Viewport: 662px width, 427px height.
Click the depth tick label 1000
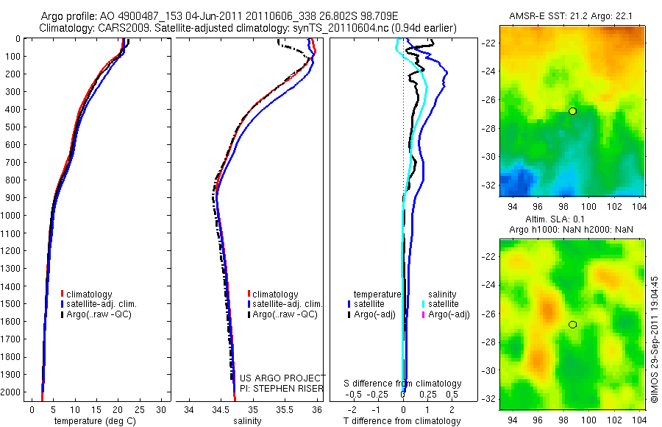click(x=11, y=216)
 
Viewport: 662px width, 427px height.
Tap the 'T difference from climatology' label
click(x=403, y=421)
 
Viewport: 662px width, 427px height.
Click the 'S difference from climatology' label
click(x=403, y=384)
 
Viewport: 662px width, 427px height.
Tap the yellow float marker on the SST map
click(x=572, y=110)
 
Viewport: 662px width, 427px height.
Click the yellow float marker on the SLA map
click(x=572, y=325)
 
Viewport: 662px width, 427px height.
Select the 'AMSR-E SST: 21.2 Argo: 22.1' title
click(x=572, y=16)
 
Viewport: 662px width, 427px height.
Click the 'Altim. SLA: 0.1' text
click(x=572, y=220)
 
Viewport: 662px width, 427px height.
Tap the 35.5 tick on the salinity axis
click(x=284, y=409)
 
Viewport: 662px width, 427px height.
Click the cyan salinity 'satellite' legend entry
click(x=444, y=304)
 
